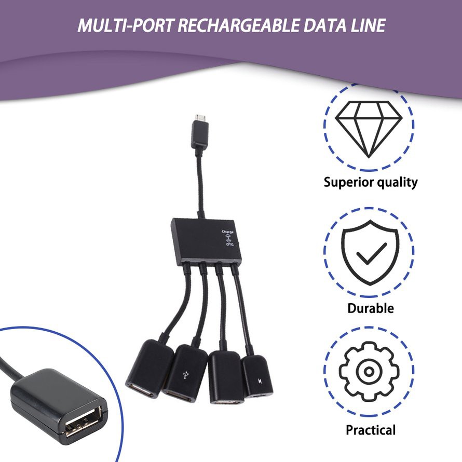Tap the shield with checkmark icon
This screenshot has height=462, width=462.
tap(369, 252)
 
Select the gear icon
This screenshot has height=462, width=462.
tap(369, 371)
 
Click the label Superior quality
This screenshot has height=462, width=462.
tap(370, 182)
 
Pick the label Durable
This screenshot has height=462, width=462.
tap(370, 308)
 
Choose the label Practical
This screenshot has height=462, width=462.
tap(370, 430)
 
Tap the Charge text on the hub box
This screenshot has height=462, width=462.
tap(227, 232)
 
